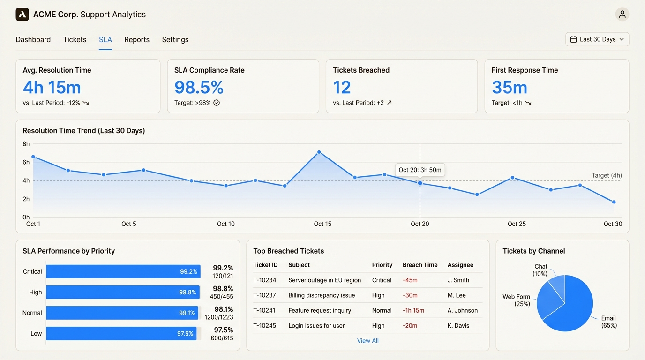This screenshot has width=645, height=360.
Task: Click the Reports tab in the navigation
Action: tap(137, 40)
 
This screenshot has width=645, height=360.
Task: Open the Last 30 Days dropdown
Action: tap(597, 39)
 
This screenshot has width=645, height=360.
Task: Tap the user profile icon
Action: tap(622, 15)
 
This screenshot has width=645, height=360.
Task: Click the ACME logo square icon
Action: tap(22, 15)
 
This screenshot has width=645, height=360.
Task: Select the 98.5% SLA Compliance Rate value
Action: tap(199, 88)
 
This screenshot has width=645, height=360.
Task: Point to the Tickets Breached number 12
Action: tap(342, 88)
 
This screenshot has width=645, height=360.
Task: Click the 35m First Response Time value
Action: tap(509, 88)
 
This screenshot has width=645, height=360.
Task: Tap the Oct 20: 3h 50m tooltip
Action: tap(420, 170)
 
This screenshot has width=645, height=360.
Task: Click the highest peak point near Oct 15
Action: tap(319, 152)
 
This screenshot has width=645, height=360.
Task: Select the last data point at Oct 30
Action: tap(614, 202)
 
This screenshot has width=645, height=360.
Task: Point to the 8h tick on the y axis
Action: tap(26, 144)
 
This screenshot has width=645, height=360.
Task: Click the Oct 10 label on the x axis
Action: tap(225, 224)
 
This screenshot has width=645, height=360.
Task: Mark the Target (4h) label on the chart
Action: tap(607, 175)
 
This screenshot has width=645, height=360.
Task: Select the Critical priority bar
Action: tap(123, 271)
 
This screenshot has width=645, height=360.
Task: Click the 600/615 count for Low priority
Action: tap(222, 338)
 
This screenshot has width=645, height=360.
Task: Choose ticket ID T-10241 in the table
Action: tap(264, 310)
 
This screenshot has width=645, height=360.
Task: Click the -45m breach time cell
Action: tap(410, 280)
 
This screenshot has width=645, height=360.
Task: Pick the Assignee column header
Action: tap(460, 265)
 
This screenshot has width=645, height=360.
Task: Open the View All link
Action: tap(367, 341)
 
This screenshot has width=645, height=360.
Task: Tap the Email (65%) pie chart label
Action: tap(608, 322)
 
